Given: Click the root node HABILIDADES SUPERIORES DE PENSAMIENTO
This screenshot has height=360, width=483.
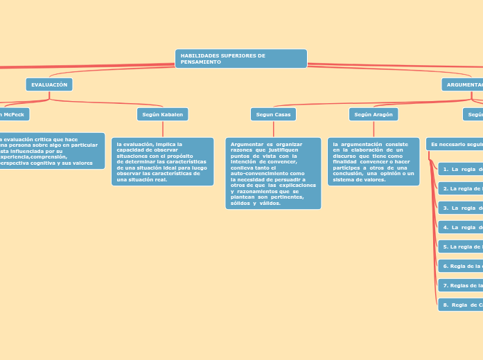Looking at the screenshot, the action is [240, 58].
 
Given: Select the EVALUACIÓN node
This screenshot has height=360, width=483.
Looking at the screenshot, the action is [49, 84].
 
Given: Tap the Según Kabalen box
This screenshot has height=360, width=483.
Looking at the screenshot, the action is [163, 114].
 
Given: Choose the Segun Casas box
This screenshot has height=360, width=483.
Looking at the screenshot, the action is [273, 114].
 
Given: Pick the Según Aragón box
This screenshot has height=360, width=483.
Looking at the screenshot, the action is [374, 114].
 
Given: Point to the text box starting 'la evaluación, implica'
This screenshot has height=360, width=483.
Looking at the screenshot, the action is [163, 161].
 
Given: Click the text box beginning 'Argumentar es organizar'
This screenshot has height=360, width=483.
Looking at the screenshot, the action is [273, 173].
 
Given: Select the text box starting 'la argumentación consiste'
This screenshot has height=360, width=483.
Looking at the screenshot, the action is [374, 161].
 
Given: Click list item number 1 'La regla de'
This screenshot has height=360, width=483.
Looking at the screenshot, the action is [461, 169].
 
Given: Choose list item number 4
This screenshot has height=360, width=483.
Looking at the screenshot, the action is [461, 227].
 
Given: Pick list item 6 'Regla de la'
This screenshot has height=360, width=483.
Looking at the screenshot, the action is [461, 266].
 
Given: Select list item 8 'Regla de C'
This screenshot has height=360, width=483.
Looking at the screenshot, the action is [461, 305].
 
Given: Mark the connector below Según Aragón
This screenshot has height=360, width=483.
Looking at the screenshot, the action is [374, 129].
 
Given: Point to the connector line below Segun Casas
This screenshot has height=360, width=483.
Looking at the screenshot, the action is [273, 129].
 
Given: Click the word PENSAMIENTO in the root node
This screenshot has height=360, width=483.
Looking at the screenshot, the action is [201, 62].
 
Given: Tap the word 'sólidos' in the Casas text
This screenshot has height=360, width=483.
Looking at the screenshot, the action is [242, 203].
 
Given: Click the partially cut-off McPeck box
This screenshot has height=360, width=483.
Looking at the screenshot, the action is [13, 114].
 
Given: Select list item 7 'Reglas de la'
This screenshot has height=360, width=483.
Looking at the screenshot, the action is [461, 285].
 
